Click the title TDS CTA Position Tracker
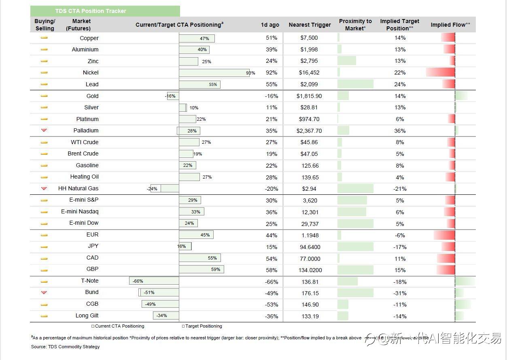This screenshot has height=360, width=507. (91, 11)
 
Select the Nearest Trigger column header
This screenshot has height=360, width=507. (310, 25)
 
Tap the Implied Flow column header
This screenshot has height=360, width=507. (450, 25)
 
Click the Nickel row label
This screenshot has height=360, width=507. (91, 72)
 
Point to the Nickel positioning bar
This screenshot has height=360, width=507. (214, 73)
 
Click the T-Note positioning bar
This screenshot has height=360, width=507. (154, 281)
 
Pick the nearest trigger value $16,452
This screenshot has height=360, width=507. (309, 72)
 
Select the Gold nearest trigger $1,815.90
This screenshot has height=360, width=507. (309, 96)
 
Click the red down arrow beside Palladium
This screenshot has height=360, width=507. (44, 130)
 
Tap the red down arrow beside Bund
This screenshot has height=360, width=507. (44, 292)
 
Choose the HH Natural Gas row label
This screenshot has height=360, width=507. (78, 188)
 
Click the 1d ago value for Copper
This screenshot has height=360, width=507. (271, 38)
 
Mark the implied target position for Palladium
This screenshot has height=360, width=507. (400, 131)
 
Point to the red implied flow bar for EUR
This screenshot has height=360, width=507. (444, 235)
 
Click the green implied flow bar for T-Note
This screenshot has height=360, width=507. (465, 281)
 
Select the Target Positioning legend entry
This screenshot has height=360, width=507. (202, 326)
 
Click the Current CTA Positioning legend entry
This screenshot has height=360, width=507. (118, 326)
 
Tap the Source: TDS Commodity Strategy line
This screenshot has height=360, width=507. (65, 347)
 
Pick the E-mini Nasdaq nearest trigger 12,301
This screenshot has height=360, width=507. (310, 212)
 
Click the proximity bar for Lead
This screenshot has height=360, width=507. (355, 84)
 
